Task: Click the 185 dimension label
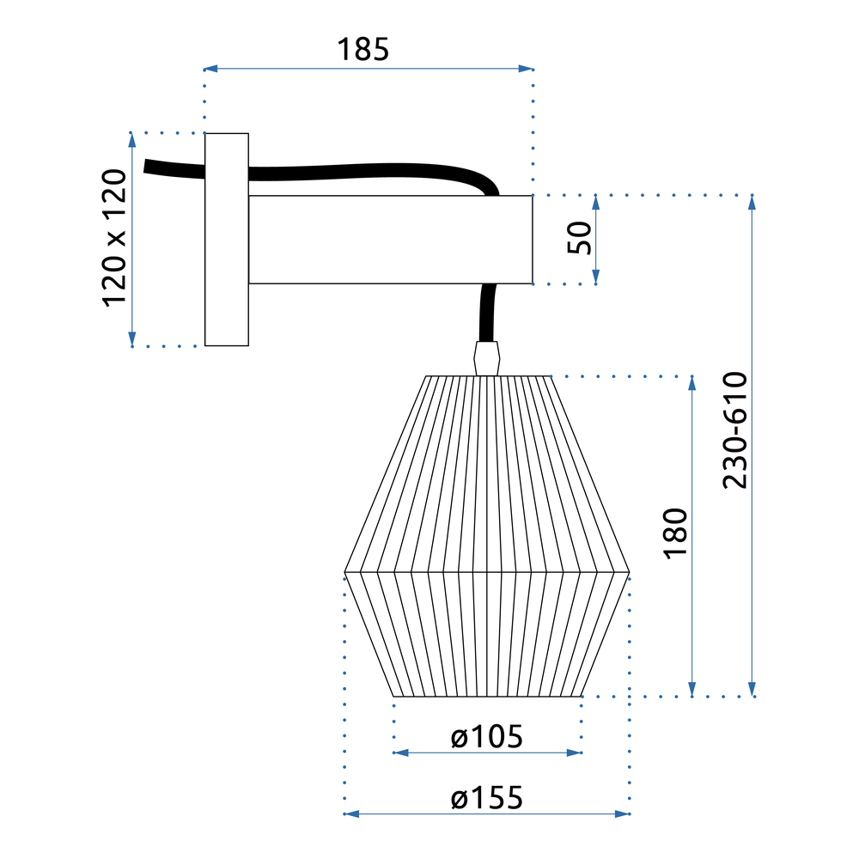[x=363, y=50]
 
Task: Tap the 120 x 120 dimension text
[x=114, y=238]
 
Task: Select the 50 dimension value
[x=581, y=238]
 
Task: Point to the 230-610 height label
[x=735, y=429]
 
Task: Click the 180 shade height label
[x=676, y=534]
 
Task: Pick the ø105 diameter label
[x=487, y=736]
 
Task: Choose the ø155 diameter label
[x=487, y=798]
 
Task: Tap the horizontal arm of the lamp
[x=391, y=240]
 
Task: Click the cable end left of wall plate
[x=155, y=167]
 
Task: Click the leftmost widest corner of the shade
[x=345, y=570]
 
